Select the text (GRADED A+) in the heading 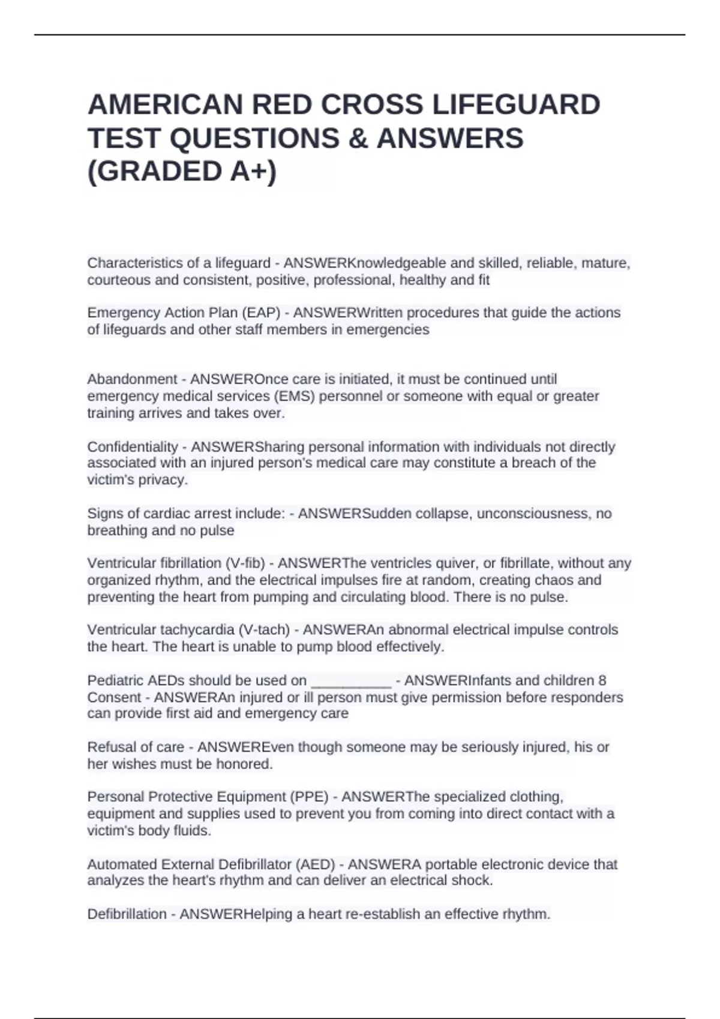(182, 171)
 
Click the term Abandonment (132, 379)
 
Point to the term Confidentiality (132, 447)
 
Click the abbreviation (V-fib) (245, 563)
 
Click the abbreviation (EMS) (294, 396)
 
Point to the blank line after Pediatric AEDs (352, 681)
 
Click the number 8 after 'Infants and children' (602, 681)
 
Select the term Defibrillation (127, 914)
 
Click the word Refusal (110, 747)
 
